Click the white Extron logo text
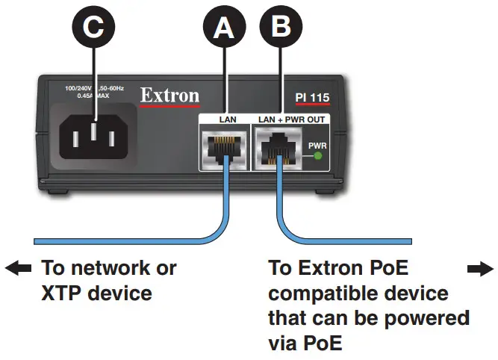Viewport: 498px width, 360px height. [169, 96]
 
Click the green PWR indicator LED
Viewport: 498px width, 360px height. [317, 156]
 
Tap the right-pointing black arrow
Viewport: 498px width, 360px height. [479, 268]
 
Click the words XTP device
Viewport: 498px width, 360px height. [96, 293]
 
